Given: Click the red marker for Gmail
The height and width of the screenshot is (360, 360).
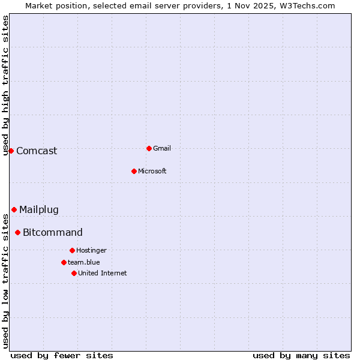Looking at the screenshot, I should [149, 148].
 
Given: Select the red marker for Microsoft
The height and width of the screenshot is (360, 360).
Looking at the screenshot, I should [134, 171].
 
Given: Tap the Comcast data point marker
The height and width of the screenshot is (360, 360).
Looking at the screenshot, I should [11, 151].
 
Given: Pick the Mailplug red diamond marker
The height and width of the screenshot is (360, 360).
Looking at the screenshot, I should [14, 209].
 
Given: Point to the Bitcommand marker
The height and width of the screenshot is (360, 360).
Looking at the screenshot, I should [17, 232].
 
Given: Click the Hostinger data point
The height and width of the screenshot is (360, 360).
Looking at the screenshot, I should [72, 250].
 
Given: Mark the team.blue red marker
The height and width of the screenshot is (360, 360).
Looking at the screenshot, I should [64, 262].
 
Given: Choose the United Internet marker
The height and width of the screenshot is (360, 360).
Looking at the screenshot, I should [74, 273].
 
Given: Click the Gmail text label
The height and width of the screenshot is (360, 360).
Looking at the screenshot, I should [162, 148].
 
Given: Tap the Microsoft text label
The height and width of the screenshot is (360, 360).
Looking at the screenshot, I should [152, 171].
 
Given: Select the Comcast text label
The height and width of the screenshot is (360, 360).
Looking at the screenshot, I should [37, 151].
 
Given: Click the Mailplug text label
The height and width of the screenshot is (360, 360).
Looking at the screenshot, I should [39, 209].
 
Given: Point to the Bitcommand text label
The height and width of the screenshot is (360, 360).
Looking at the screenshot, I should [53, 232].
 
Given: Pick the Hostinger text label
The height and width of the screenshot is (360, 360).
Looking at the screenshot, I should [91, 250].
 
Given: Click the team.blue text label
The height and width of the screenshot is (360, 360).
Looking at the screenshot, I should [83, 262].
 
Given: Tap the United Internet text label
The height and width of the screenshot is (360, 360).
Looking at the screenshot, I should [102, 273].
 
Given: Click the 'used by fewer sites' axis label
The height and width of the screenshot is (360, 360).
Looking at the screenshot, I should [62, 355].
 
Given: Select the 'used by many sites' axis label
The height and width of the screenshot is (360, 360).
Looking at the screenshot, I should [301, 355].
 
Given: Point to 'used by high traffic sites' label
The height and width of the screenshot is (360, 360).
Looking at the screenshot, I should [5, 85].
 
